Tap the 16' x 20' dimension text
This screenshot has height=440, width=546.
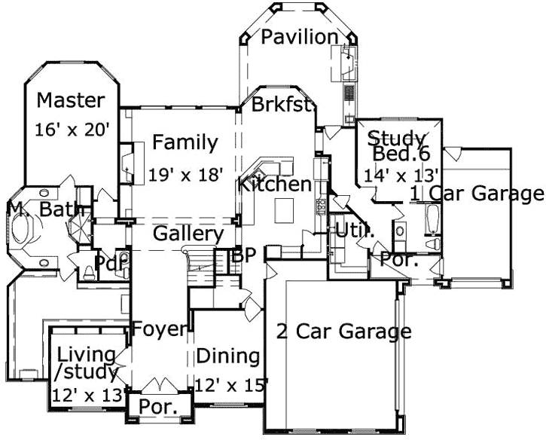[73, 130]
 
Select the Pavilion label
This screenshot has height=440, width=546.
[300, 37]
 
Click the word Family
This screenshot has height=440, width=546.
[185, 142]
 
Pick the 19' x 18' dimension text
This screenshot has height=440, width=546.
[187, 175]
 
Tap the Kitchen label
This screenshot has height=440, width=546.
[275, 185]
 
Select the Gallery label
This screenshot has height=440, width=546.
[188, 234]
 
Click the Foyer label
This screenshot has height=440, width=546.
[160, 328]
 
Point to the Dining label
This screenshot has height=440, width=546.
[228, 356]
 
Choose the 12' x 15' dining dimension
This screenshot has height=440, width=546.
[232, 385]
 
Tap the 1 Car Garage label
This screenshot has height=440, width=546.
[477, 194]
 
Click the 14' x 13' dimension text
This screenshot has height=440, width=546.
[392, 175]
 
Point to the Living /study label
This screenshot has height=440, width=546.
[86, 362]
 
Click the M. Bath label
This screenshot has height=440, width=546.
[45, 209]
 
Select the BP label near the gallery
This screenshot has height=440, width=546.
[245, 255]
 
